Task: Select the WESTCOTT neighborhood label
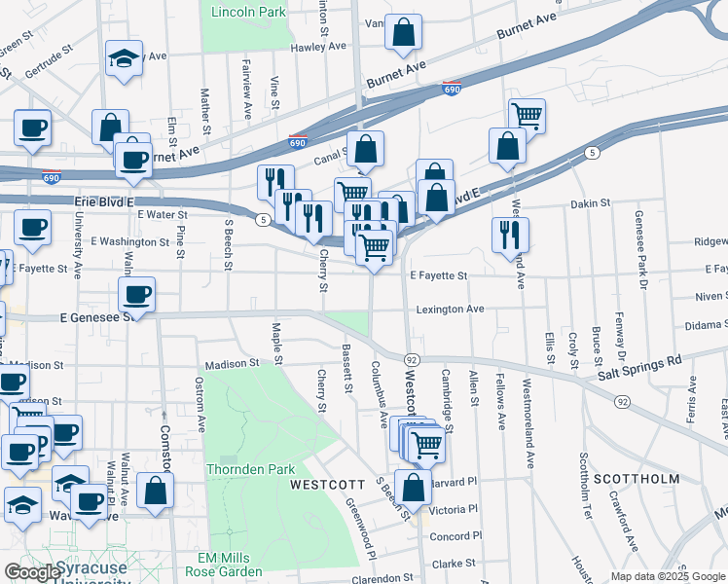point(327,484)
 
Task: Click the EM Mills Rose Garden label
point(230,565)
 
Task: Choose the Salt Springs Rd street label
point(639,369)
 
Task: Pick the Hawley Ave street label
point(318,46)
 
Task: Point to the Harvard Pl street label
point(455,482)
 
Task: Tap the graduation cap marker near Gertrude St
point(124,57)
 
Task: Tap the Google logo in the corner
point(32,571)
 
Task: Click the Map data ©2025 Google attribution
point(668,576)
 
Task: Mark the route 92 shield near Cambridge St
point(412,360)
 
